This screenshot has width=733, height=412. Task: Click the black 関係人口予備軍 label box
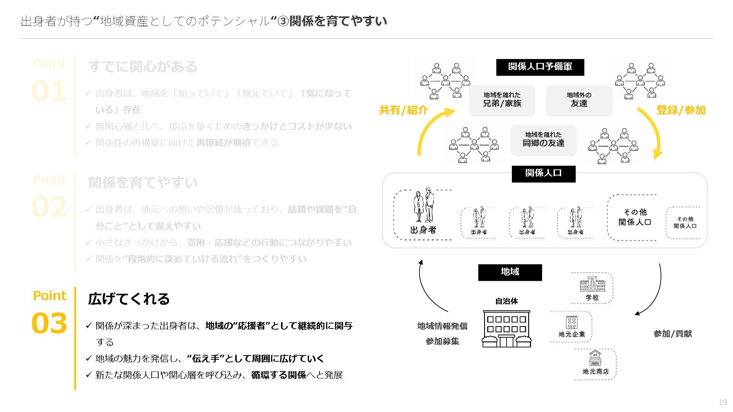(540, 67)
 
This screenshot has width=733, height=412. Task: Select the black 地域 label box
(510, 272)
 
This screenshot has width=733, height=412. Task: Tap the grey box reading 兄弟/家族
(502, 100)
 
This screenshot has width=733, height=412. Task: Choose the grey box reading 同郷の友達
(543, 140)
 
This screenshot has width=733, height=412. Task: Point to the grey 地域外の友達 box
(579, 100)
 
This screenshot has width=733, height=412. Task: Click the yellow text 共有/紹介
(403, 110)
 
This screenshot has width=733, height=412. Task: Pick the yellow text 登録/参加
(681, 110)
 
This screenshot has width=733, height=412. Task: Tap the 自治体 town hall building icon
(507, 328)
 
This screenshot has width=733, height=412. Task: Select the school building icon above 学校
(592, 284)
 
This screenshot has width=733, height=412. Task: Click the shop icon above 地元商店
(595, 358)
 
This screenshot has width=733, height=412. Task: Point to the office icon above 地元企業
(572, 322)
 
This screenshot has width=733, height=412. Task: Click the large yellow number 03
(49, 323)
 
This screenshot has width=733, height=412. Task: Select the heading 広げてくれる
(129, 299)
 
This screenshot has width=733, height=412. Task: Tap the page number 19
(723, 402)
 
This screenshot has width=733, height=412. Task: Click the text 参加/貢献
(673, 334)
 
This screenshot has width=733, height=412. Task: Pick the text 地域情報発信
(442, 326)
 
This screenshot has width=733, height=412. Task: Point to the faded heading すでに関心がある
(143, 67)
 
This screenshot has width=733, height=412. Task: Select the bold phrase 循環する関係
(278, 375)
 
